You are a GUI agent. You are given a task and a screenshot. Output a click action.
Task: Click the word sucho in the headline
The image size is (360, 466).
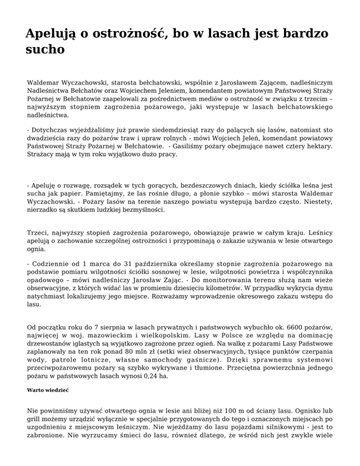(x=45, y=50)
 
